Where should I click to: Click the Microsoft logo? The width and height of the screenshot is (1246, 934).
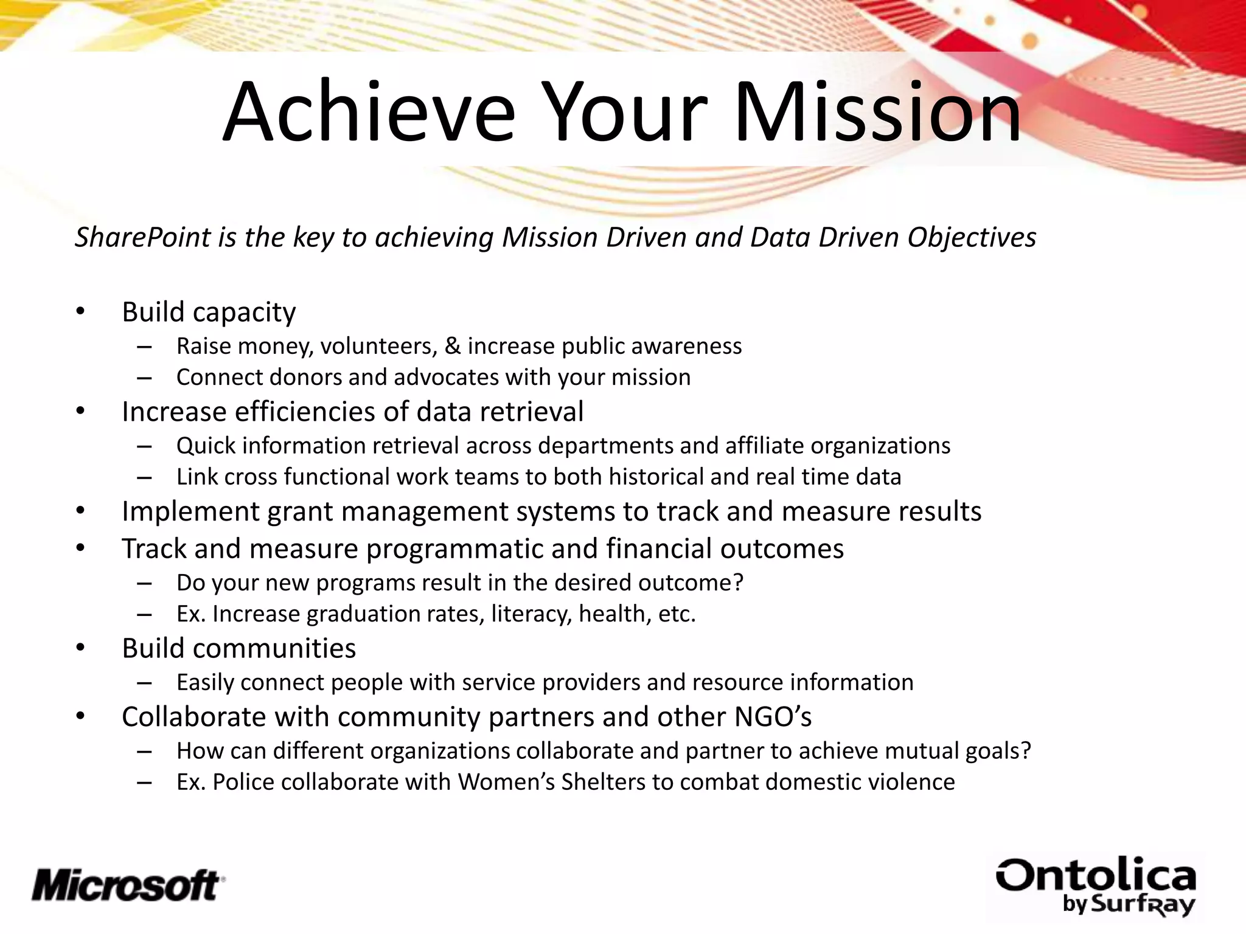click(128, 885)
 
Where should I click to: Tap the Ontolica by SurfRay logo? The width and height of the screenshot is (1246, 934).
click(1096, 887)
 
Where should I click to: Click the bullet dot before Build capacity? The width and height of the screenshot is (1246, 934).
click(81, 312)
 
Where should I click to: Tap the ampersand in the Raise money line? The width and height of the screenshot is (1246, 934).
click(453, 346)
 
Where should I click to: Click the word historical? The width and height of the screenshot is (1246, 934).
click(656, 477)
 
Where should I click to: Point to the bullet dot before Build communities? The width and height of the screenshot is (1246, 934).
click(81, 648)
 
